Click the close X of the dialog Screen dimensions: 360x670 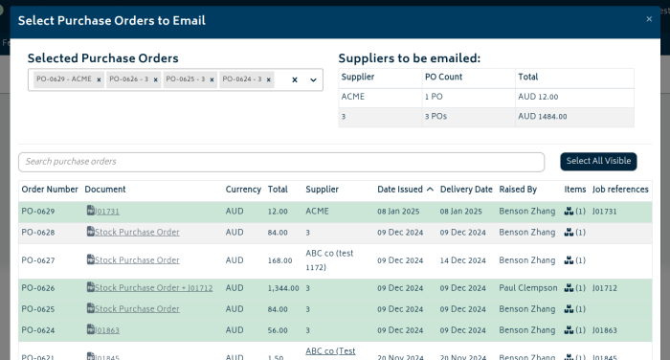pos(649,19)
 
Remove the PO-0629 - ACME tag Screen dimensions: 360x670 pos(99,80)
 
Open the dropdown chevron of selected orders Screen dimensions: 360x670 pos(313,80)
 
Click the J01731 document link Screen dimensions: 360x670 pos(107,211)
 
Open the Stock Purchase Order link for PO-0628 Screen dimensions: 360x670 pos(137,232)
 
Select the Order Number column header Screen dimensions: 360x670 pos(50,190)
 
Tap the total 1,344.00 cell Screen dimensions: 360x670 pos(283,287)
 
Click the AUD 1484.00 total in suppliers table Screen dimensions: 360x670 pos(543,117)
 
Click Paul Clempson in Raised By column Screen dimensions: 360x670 pos(527,287)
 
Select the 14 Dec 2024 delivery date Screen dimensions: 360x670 pos(466,260)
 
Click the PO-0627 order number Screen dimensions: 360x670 pos(38,260)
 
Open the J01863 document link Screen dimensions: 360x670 pos(107,329)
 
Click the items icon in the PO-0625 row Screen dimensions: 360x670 pos(569,308)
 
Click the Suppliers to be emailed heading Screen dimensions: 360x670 pos(410,58)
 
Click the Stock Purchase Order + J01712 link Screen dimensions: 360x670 pos(153,287)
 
